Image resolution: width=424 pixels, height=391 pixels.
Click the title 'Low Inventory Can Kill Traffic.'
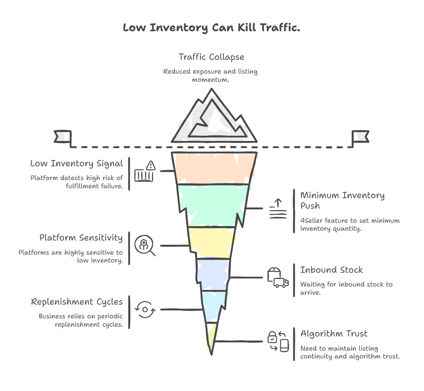coord(212,28)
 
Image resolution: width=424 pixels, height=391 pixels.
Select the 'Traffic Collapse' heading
coord(212,57)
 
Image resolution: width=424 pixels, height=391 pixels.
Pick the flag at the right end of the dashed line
coord(360,137)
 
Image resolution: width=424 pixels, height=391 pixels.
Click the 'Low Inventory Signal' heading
coord(77,163)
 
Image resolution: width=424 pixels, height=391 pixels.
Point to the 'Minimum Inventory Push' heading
coord(342,200)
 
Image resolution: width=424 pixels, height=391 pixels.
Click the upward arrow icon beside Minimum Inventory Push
coord(278,208)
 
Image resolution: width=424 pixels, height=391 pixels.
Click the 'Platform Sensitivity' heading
coord(81,238)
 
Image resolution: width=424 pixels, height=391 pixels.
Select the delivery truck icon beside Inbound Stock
coord(278,278)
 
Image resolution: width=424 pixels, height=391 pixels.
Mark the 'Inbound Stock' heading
coord(331,270)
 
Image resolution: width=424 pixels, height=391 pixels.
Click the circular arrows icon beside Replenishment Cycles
coord(145,310)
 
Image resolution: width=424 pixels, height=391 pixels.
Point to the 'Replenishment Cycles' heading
coord(77,302)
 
